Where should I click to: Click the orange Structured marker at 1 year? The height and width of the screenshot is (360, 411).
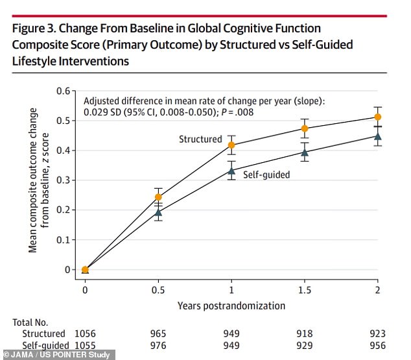point(231,145)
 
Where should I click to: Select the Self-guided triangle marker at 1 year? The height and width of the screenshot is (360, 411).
point(231,171)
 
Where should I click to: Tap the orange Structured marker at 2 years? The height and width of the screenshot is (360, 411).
point(378,117)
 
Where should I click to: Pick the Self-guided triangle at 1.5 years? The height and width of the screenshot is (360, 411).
point(305,152)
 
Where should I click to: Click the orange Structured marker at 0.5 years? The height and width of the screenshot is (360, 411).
point(158,197)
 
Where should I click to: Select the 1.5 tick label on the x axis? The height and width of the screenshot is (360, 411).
point(305,289)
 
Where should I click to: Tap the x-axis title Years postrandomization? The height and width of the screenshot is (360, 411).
point(231,305)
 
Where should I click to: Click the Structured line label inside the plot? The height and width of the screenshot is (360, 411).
point(200,139)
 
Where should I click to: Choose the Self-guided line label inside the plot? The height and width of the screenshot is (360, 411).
point(266,174)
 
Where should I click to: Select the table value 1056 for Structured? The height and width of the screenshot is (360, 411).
point(85,333)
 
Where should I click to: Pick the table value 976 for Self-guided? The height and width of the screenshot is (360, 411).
point(158,345)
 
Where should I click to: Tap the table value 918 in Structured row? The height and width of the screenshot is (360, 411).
point(305,333)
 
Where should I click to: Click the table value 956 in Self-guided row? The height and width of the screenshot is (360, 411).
point(378,345)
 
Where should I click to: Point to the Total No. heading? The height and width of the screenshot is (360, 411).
point(30,321)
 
